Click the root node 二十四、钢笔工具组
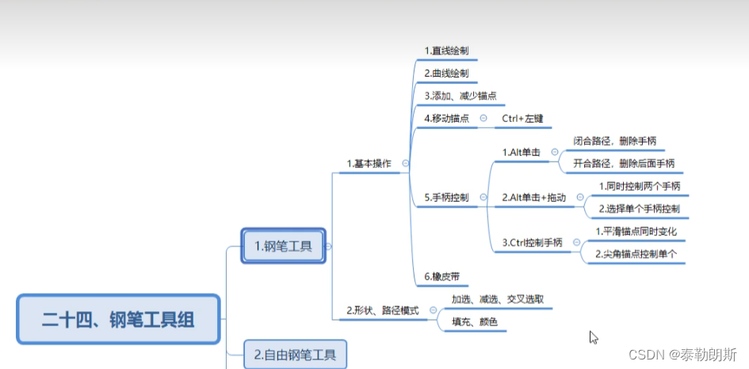(x=118, y=319)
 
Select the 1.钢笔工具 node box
(x=283, y=246)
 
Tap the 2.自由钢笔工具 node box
(x=295, y=353)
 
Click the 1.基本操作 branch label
(x=369, y=165)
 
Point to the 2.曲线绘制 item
(x=445, y=73)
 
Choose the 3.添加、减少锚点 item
(x=460, y=95)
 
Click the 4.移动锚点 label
(x=445, y=118)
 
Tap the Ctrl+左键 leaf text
(x=522, y=118)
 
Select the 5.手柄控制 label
(x=445, y=197)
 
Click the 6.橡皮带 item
(x=441, y=276)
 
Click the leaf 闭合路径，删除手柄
(x=614, y=140)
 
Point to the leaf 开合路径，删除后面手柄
(x=624, y=163)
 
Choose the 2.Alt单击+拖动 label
(x=534, y=197)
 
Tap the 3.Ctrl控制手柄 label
(x=533, y=242)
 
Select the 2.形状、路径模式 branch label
(x=383, y=310)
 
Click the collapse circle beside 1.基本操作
(x=405, y=164)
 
